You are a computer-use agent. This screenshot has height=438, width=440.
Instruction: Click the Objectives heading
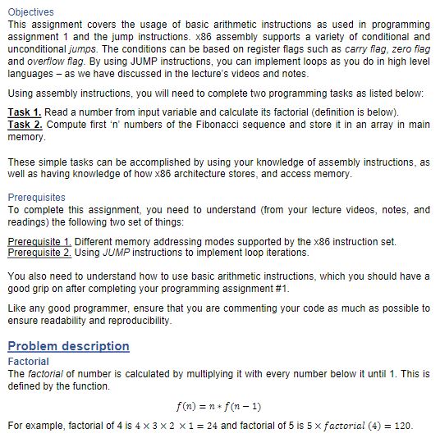(30, 12)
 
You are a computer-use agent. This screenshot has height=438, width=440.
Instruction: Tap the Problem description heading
(68, 346)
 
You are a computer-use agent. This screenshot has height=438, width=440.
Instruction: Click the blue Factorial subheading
(28, 362)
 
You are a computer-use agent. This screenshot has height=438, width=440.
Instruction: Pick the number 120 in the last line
(401, 426)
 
